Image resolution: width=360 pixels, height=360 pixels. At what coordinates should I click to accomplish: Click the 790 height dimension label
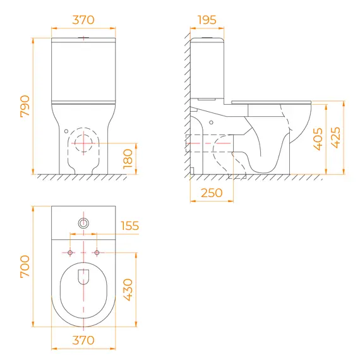[25, 106]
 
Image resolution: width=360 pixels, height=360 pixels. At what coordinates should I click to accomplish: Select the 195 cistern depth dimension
[207, 20]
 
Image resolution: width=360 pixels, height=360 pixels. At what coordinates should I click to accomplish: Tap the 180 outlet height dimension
[128, 159]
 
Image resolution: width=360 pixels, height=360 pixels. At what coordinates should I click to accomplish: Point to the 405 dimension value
[318, 139]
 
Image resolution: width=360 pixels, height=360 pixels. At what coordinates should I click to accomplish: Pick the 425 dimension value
[335, 137]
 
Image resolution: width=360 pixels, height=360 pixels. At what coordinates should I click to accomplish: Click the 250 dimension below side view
[212, 193]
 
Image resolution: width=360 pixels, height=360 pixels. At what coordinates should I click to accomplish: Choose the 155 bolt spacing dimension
[129, 225]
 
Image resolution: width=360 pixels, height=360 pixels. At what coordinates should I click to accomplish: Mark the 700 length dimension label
[25, 267]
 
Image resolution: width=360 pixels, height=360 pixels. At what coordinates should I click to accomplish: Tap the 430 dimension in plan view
[128, 289]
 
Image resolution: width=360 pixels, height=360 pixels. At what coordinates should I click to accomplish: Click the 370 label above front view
[83, 20]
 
